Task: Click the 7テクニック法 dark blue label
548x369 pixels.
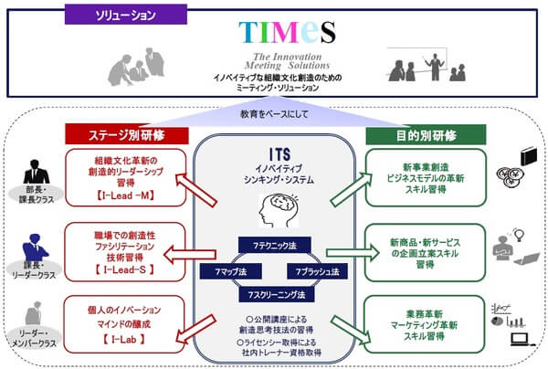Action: coord(275,246)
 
